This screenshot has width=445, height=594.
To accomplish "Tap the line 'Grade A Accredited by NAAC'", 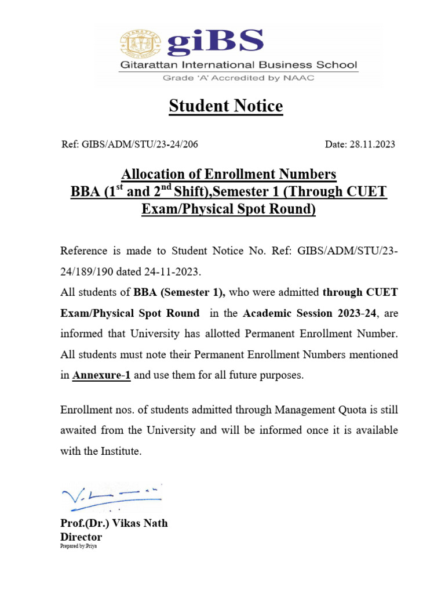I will (x=239, y=78).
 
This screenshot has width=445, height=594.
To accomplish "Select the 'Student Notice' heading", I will (x=226, y=106).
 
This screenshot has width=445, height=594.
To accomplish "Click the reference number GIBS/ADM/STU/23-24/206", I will (x=125, y=144).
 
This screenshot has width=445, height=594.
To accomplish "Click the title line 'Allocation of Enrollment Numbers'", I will (x=228, y=174).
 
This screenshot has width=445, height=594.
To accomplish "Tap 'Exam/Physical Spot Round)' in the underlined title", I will (x=228, y=209).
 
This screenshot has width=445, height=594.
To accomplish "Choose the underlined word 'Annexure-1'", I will (x=101, y=375).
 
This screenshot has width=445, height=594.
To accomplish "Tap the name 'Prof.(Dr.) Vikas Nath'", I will (x=114, y=523).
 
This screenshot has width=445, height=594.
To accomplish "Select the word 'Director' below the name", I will (x=81, y=537).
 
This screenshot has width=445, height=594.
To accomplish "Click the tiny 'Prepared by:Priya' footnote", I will (x=78, y=546).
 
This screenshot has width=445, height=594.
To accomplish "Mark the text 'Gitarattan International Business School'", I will (x=238, y=65).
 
